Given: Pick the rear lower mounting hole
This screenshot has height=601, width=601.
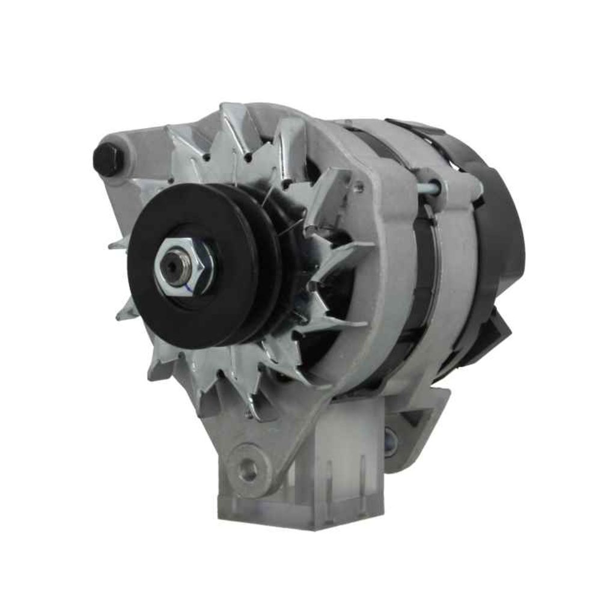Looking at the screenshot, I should click(x=391, y=442).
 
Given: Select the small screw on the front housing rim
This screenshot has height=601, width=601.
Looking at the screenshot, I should click(x=359, y=188).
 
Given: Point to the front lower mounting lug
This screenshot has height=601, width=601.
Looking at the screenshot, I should click(x=252, y=457).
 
